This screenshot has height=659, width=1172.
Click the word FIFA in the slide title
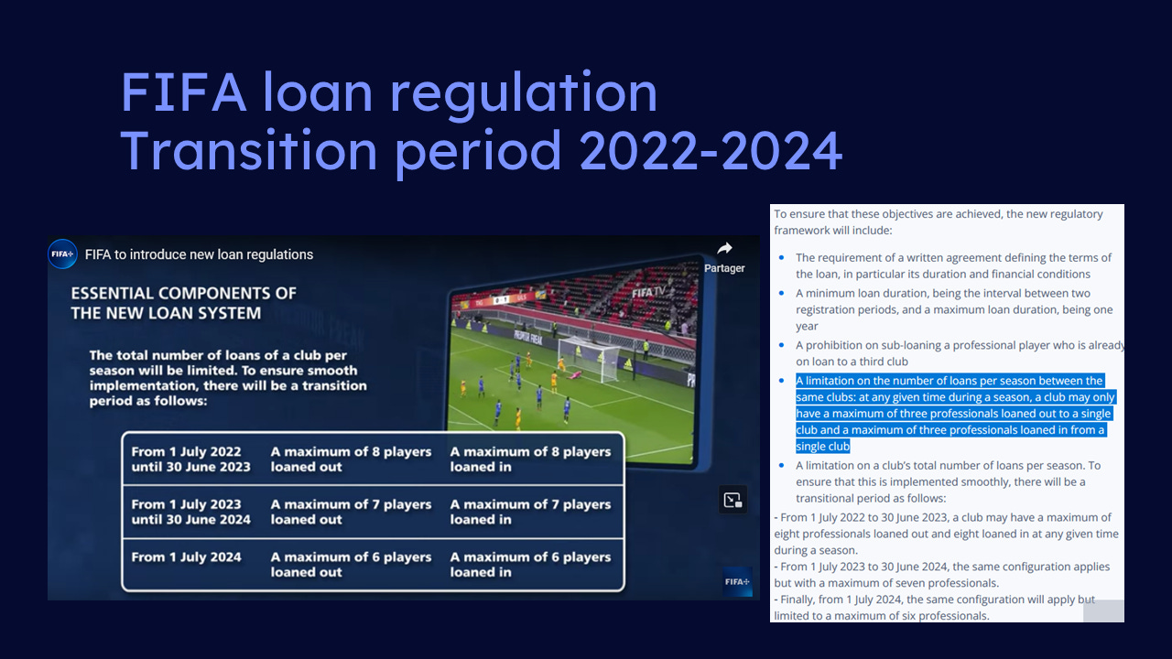click(184, 92)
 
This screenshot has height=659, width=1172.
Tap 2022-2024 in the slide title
click(711, 151)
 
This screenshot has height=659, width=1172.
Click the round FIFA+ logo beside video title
click(62, 254)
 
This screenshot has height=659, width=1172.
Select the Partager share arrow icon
click(724, 248)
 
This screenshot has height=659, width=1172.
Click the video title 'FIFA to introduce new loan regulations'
click(199, 254)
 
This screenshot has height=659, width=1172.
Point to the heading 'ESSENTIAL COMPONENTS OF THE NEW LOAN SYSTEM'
click(184, 303)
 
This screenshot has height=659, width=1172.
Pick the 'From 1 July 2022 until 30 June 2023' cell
click(191, 459)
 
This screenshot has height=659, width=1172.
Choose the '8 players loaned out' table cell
click(351, 459)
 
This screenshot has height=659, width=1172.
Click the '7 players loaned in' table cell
click(530, 512)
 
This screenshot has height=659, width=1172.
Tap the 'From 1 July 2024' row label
click(186, 557)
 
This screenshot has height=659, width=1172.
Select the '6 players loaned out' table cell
click(351, 565)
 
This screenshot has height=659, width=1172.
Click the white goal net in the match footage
click(589, 358)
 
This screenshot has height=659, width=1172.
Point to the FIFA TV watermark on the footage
click(649, 292)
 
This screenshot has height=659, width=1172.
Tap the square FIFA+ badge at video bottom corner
click(737, 581)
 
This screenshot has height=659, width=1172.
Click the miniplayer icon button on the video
click(732, 500)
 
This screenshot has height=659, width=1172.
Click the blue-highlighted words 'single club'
click(822, 446)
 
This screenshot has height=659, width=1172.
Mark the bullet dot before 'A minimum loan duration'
click(782, 293)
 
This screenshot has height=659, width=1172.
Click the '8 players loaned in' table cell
click(530, 459)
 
